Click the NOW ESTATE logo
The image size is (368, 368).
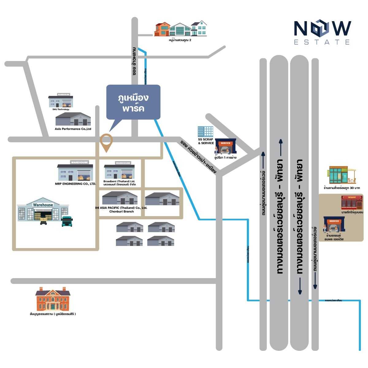pyautogui.click(x=322, y=33)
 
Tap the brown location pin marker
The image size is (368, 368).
pyautogui.click(x=106, y=142)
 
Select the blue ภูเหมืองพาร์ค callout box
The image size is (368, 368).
pyautogui.click(x=133, y=102)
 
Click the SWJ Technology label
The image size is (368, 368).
pyautogui.click(x=61, y=109)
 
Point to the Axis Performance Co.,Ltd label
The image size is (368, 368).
pyautogui.click(x=73, y=129)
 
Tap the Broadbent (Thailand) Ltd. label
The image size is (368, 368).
pyautogui.click(x=119, y=183)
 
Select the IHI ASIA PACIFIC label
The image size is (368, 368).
pyautogui.click(x=121, y=209)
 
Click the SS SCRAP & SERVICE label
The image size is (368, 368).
pyautogui.click(x=206, y=141)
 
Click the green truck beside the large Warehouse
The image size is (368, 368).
pyautogui.click(x=67, y=221)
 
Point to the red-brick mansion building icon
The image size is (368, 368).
pyautogui.click(x=53, y=299)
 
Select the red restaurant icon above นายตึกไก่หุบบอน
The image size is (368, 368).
pyautogui.click(x=352, y=203)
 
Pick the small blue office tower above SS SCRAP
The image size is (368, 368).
pyautogui.click(x=205, y=132)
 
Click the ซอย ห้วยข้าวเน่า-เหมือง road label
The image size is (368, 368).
pyautogui.click(x=198, y=157)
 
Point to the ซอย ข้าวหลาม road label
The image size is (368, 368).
pyautogui.click(x=134, y=62)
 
